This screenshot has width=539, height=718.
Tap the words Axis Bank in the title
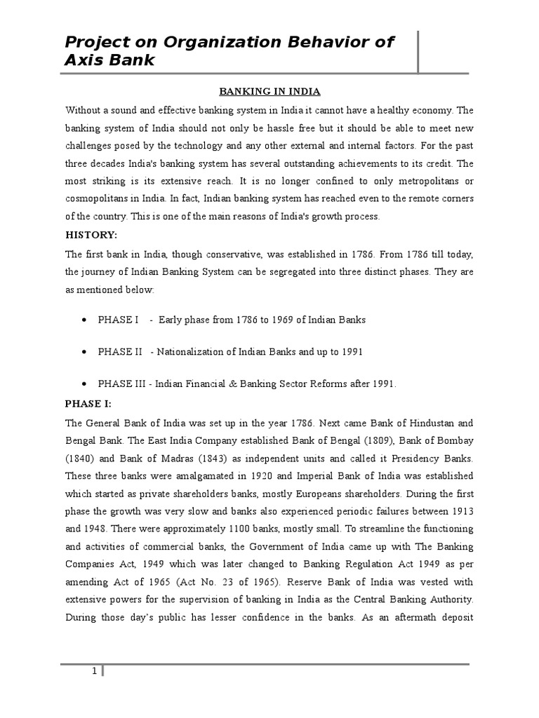[109, 60]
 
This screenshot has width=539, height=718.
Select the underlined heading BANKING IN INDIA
[260, 92]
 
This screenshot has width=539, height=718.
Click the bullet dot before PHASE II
[84, 352]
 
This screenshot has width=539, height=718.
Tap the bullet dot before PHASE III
[84, 384]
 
